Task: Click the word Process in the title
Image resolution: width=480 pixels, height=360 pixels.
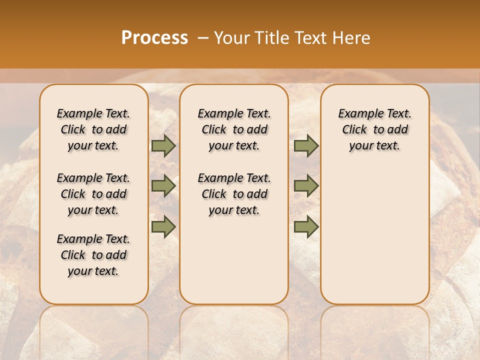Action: [x=154, y=38]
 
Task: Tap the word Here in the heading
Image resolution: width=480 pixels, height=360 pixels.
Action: [x=352, y=38]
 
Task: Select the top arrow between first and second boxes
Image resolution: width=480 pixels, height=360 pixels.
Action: [x=163, y=146]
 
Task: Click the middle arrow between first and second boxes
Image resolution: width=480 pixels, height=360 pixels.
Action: [x=163, y=186]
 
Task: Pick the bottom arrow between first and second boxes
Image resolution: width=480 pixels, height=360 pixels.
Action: [x=163, y=226]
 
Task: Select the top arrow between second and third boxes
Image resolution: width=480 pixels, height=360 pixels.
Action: [x=306, y=146]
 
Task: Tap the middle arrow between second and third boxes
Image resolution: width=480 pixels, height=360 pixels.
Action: [x=306, y=186]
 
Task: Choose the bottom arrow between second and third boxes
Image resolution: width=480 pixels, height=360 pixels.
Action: [x=306, y=226]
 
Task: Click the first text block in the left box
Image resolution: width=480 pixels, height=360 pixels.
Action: [x=93, y=129]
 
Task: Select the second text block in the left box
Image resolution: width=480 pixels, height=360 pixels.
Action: [x=93, y=194]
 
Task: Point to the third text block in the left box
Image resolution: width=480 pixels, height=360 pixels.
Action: [x=93, y=255]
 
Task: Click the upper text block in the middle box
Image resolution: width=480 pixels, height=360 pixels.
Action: [x=234, y=129]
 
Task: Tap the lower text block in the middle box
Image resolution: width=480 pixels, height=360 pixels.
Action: [x=234, y=194]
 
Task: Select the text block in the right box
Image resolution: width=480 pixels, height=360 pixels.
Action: [x=374, y=129]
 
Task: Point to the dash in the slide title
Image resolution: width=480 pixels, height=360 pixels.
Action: [x=202, y=38]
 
